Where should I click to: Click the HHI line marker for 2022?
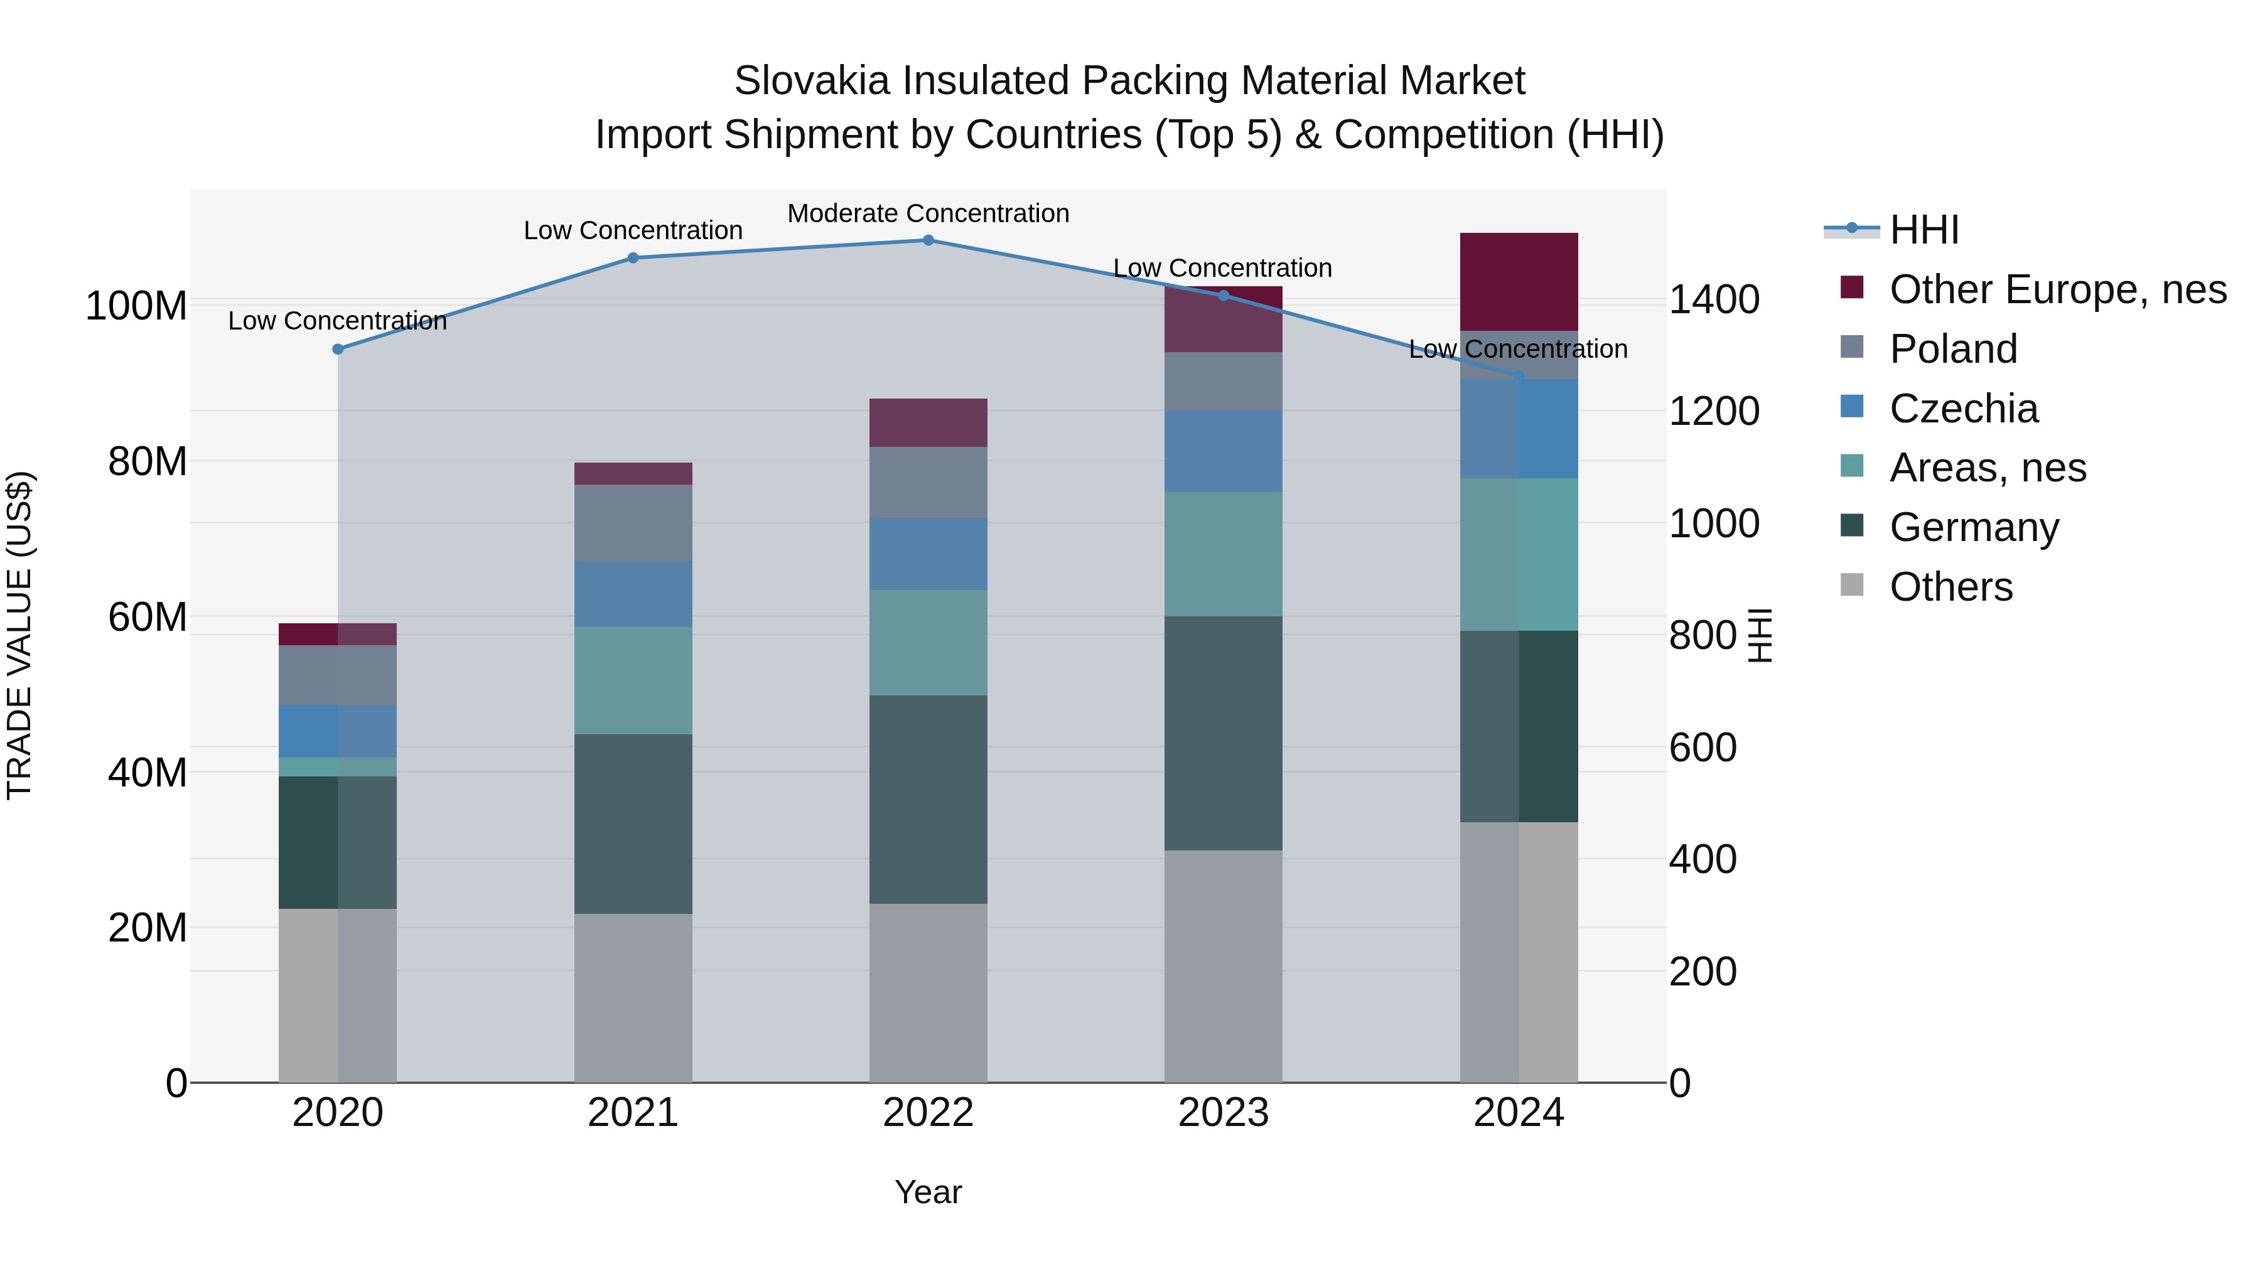click(x=928, y=240)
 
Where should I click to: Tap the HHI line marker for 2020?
click(x=338, y=349)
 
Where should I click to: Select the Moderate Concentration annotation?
click(x=928, y=213)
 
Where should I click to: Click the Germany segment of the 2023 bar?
click(x=1223, y=732)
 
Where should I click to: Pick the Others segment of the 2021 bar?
click(x=633, y=997)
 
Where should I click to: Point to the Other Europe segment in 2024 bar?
click(x=1519, y=282)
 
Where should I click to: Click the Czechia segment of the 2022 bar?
click(x=928, y=554)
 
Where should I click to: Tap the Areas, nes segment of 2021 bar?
click(x=633, y=680)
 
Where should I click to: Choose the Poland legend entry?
click(x=1953, y=349)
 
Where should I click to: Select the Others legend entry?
click(x=1951, y=587)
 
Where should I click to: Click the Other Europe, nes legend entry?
click(x=2057, y=289)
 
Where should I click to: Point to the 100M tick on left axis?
click(x=136, y=306)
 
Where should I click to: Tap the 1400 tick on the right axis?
click(x=1713, y=300)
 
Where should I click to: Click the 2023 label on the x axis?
click(x=1223, y=1113)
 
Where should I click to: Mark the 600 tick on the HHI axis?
click(x=1702, y=748)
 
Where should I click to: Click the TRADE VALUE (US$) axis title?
click(x=19, y=635)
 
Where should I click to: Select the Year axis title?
click(x=928, y=1192)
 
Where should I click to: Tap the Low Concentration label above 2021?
click(x=633, y=231)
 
